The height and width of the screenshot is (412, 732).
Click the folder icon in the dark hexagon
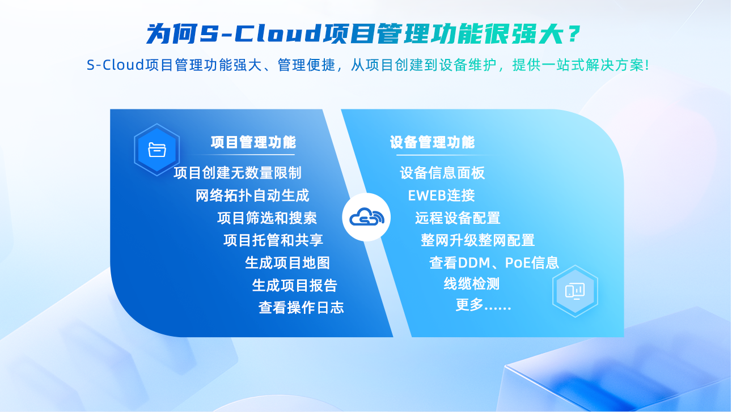pos(157,150)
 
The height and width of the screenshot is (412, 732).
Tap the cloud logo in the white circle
pos(367,217)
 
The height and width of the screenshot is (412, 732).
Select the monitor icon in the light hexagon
pos(575,291)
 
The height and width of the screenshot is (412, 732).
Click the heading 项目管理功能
pos(253,142)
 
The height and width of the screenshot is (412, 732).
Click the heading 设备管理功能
pos(432,142)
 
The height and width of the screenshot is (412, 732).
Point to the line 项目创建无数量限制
pos(237,173)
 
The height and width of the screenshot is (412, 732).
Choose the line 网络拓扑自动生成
pos(252,196)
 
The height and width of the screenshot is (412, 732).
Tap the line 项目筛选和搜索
pos(267,218)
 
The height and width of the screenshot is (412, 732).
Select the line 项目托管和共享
pos(273,240)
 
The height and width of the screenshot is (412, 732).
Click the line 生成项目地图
pos(287,263)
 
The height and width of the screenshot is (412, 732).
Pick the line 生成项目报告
pos(294,285)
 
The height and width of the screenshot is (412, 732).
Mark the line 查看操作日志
pos(301,308)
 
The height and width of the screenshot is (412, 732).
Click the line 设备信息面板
pos(442,173)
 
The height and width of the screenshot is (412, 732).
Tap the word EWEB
pos(427,196)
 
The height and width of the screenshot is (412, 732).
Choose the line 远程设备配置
pos(458,218)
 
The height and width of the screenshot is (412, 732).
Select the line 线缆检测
pos(472,283)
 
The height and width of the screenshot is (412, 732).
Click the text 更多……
pos(483,305)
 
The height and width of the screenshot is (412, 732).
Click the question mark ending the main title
pos(574,33)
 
